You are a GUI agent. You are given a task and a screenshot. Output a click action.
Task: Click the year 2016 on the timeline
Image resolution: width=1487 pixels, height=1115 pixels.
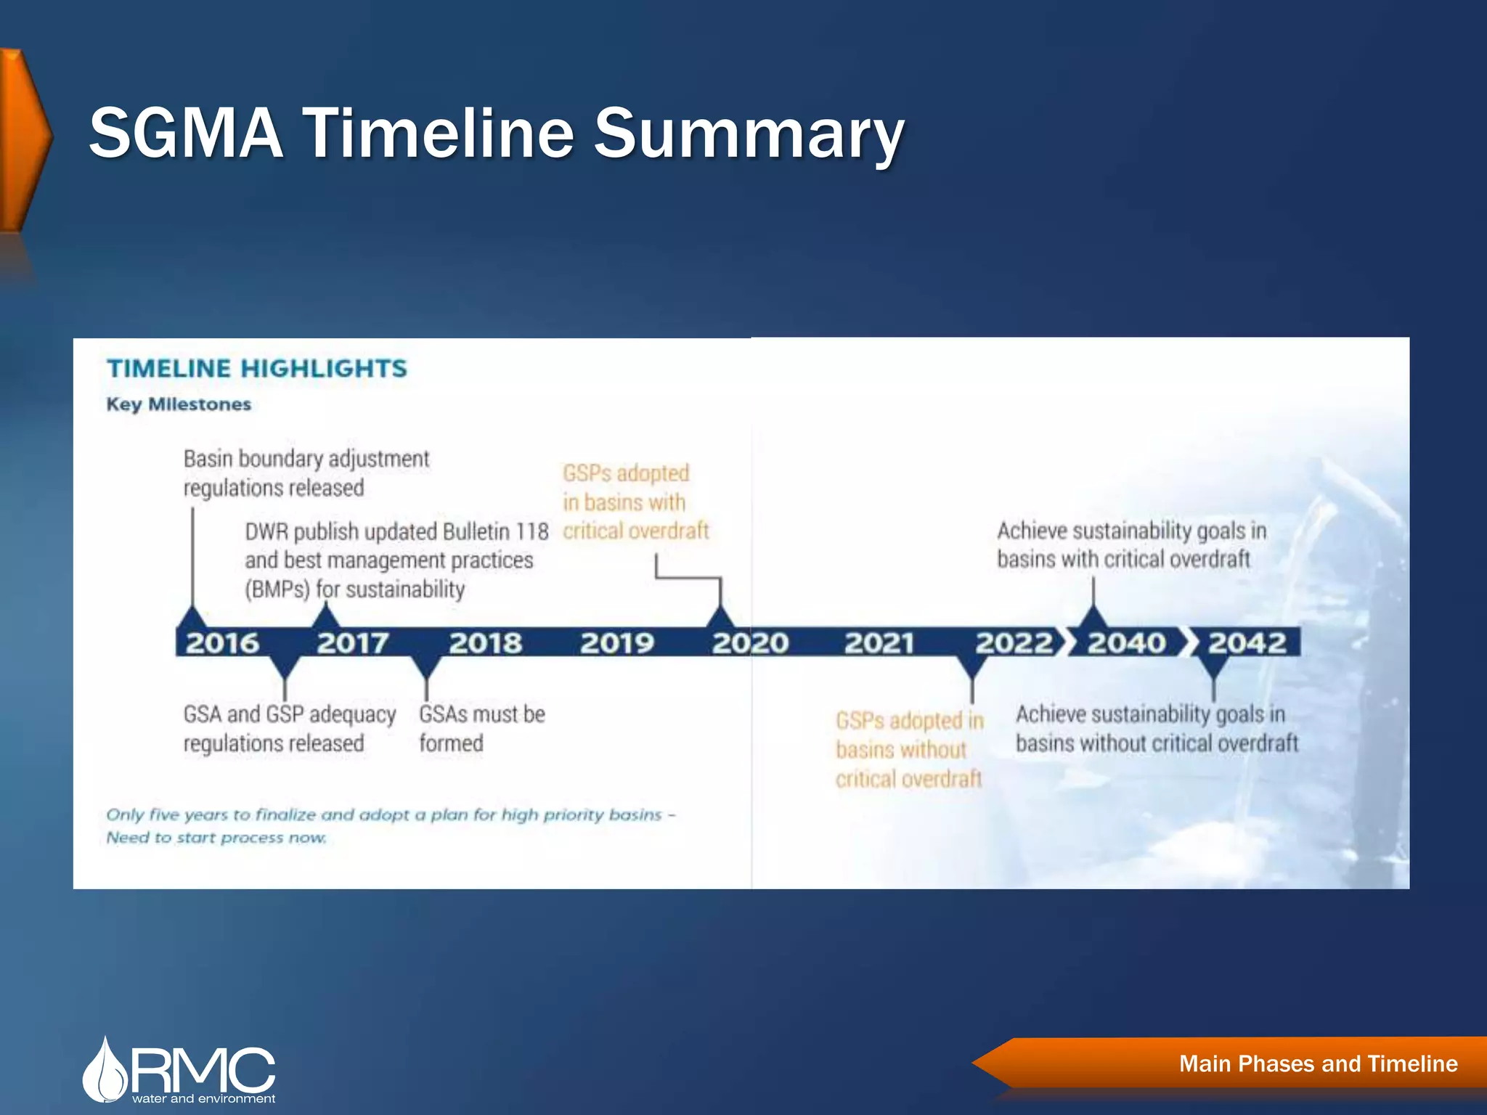click(222, 643)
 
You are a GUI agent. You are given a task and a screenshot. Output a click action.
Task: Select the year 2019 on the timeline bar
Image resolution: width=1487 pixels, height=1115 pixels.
click(617, 643)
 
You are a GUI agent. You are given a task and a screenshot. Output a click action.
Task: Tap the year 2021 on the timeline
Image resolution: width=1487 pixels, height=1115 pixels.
click(879, 643)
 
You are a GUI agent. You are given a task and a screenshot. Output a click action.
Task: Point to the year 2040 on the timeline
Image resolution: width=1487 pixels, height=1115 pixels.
click(1126, 643)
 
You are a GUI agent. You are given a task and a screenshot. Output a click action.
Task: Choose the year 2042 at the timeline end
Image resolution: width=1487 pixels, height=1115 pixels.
click(1247, 643)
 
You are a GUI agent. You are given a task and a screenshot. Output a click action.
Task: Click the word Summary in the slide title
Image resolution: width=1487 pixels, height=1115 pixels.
click(749, 134)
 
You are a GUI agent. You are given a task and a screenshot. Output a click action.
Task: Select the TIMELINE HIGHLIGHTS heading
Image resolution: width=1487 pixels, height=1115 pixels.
click(257, 369)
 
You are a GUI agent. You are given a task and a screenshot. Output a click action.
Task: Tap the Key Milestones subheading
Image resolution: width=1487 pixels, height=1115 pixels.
click(179, 404)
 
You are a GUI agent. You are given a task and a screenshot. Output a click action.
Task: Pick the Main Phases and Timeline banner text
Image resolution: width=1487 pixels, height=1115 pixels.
click(1318, 1063)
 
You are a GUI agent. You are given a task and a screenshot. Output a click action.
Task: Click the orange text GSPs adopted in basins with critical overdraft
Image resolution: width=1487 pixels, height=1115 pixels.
click(635, 502)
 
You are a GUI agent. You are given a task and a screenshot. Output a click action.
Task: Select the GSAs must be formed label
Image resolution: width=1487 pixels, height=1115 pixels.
click(481, 728)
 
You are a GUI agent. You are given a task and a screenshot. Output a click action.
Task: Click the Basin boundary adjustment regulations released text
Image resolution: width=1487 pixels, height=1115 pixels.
click(306, 473)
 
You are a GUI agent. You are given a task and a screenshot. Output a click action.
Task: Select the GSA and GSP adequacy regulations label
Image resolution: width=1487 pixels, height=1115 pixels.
click(289, 728)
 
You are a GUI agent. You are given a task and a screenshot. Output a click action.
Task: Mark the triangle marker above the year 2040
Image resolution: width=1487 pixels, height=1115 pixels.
click(1093, 618)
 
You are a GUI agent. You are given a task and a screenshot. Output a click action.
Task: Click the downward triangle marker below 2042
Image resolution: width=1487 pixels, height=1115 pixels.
click(1213, 667)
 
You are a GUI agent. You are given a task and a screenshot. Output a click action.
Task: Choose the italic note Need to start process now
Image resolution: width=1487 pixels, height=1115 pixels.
click(216, 838)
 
